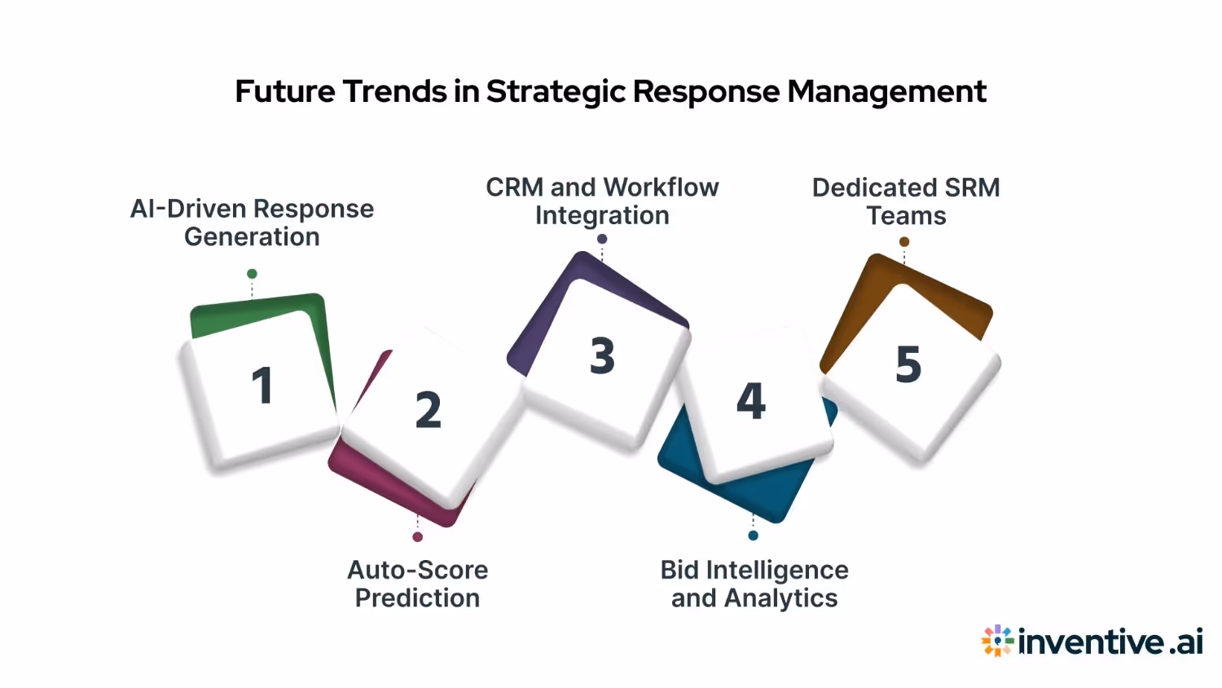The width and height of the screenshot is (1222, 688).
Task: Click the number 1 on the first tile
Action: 262,386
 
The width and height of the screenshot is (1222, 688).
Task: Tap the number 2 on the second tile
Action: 429,410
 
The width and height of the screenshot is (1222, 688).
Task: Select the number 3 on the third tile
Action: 603,356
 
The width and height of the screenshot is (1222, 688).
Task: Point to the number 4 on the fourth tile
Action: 751,401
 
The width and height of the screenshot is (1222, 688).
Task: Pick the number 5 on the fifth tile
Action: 908,364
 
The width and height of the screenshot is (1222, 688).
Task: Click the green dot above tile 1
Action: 252,274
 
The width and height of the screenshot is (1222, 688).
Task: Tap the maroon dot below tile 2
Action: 417,537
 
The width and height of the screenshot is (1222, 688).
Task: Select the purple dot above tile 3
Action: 602,239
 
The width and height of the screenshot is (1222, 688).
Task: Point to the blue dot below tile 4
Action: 753,536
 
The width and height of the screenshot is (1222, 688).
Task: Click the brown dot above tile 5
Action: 904,242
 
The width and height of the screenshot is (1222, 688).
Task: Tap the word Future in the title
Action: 284,91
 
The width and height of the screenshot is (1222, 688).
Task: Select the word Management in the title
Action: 886,92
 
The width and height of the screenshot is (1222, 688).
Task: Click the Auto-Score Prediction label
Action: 418,584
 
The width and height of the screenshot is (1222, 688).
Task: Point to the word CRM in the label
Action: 515,187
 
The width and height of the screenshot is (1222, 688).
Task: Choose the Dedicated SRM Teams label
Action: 906,201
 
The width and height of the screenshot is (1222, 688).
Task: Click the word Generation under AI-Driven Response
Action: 252,237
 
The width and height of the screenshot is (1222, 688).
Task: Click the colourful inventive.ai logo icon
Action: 997,642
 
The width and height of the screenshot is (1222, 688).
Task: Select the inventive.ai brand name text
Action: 1110,642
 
